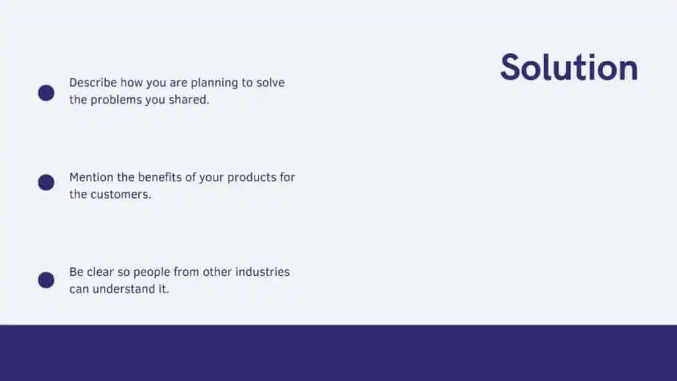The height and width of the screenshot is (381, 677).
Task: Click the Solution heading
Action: click(x=569, y=67)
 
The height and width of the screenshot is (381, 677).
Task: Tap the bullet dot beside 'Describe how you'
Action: click(x=46, y=93)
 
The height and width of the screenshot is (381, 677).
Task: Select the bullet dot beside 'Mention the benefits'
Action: click(x=46, y=183)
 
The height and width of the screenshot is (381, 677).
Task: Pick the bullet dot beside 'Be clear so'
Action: click(x=46, y=280)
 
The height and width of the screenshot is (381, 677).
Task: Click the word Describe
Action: click(x=93, y=83)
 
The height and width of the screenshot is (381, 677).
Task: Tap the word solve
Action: click(x=270, y=83)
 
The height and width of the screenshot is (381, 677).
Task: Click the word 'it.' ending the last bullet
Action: click(x=164, y=289)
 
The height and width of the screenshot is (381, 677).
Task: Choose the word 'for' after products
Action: click(x=288, y=177)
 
